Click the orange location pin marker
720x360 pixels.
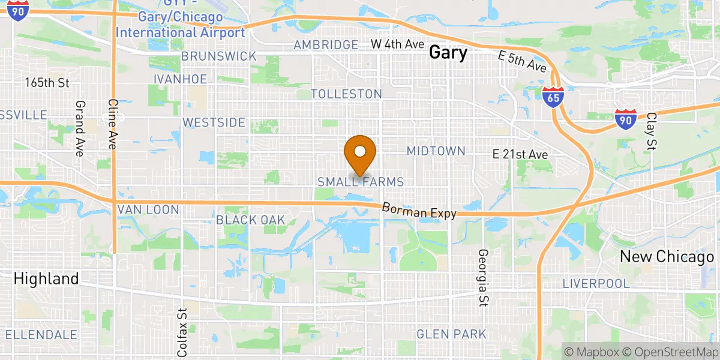(360, 154)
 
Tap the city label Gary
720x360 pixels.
(448, 53)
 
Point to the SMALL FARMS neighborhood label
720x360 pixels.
(360, 182)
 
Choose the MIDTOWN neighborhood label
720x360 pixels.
(436, 151)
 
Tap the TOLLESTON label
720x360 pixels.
(346, 94)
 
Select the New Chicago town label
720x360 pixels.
(667, 257)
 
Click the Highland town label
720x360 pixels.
(46, 278)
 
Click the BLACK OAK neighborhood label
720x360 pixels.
(251, 220)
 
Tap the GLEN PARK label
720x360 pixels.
(451, 334)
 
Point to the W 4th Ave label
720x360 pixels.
(397, 44)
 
